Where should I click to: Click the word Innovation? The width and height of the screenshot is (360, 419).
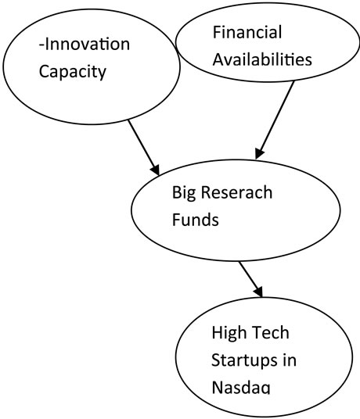(88, 45)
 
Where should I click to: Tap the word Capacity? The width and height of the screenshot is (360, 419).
(73, 72)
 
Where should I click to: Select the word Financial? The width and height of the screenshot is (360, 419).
(247, 32)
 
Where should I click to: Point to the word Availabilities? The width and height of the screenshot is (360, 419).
(262, 59)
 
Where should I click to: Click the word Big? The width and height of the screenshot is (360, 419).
(184, 193)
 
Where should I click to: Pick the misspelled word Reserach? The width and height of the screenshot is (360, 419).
(236, 192)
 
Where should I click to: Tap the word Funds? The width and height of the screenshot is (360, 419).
(195, 220)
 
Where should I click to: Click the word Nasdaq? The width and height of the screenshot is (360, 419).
(241, 387)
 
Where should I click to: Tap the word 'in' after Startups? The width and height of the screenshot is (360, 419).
(290, 360)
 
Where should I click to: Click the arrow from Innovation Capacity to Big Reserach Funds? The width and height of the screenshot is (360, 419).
(144, 148)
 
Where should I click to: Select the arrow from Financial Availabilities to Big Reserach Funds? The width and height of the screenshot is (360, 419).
(275, 120)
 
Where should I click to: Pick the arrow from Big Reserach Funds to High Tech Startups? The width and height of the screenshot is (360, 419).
(250, 279)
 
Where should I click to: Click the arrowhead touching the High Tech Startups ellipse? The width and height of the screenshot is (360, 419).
(258, 292)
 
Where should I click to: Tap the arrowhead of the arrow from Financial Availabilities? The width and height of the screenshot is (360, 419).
(259, 154)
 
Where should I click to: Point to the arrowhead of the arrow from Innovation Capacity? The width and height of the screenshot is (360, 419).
(156, 170)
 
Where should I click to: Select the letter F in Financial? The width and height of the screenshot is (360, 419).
(217, 32)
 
